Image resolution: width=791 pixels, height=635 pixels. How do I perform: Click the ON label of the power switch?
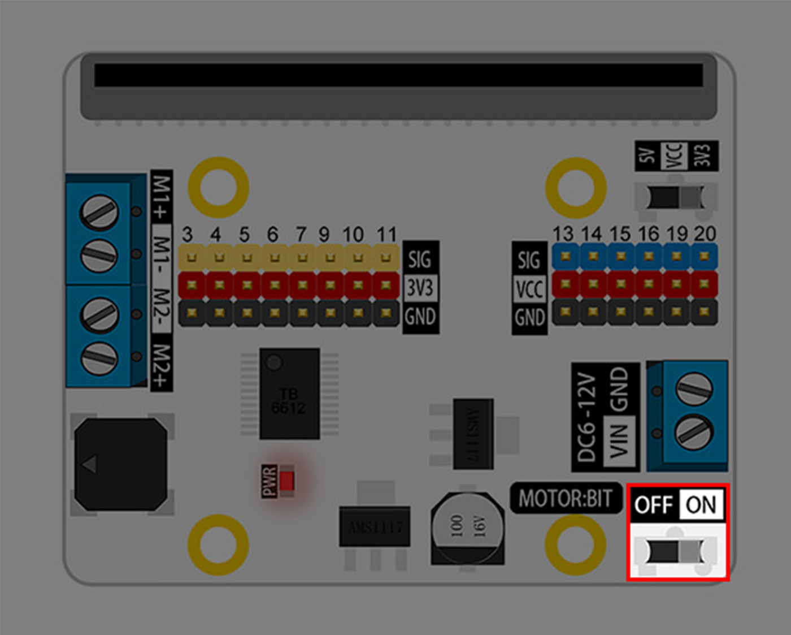pos(701,504)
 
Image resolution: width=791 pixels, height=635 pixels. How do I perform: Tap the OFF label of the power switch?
pos(654,504)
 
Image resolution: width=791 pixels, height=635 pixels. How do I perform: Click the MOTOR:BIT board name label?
pos(566,499)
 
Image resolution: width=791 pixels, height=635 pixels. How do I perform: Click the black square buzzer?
pos(120,464)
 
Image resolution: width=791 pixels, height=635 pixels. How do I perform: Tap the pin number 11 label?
pos(386,234)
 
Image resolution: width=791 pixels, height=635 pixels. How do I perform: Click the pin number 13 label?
pos(563,234)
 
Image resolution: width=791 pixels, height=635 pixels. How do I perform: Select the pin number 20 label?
pos(705,234)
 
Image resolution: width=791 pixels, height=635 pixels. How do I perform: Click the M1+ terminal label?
pos(161,197)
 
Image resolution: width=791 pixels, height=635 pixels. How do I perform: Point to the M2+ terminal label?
pos(161,366)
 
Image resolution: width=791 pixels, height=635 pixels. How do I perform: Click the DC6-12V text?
pos(587,417)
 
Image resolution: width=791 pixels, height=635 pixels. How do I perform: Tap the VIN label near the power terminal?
pos(619,441)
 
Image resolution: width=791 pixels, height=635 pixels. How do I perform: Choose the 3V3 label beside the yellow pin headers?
pos(420,287)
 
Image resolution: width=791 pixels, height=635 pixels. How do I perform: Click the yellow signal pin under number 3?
pos(192,258)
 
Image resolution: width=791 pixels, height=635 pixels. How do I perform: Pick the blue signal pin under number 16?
pos(649,256)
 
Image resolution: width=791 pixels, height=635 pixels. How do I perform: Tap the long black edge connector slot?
pos(398,75)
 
